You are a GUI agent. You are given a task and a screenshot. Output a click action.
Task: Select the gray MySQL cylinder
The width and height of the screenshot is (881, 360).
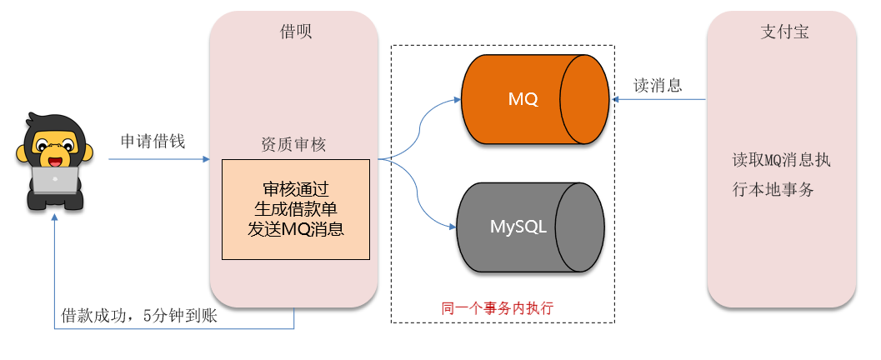click(529, 226)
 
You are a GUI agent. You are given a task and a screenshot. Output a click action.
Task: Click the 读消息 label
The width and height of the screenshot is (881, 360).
click(658, 85)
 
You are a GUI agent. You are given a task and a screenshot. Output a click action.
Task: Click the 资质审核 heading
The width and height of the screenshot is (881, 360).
click(293, 144)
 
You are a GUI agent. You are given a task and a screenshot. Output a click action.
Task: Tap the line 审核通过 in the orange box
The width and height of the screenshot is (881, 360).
click(295, 188)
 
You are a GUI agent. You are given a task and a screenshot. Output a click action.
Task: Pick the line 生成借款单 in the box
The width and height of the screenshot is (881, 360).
click(295, 208)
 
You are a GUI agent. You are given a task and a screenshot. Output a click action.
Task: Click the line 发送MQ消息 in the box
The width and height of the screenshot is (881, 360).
click(295, 228)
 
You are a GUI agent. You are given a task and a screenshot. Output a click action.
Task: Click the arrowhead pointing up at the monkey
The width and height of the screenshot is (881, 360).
click(55, 216)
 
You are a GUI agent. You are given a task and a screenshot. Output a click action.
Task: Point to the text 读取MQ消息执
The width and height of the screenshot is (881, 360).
click(781, 161)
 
